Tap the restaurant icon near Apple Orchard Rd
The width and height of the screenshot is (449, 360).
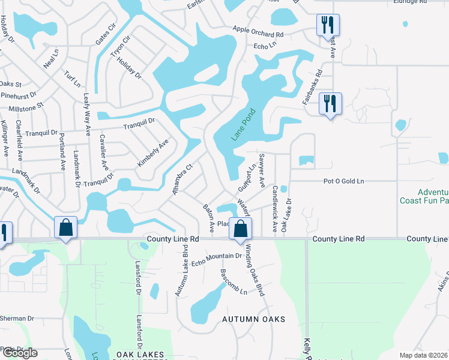point(328,25)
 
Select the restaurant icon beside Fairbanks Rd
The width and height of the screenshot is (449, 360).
point(330,103)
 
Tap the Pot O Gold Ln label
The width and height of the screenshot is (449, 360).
point(344,181)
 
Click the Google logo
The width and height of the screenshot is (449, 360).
point(19,353)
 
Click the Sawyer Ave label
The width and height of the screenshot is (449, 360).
point(262,171)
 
